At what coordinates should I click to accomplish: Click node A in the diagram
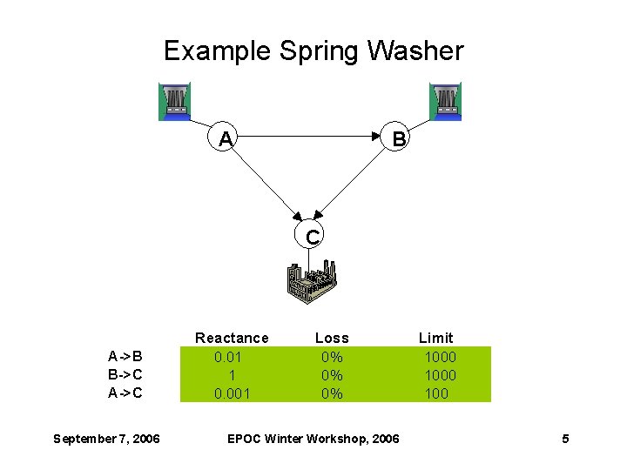(x=226, y=138)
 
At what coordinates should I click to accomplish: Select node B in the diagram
(x=397, y=138)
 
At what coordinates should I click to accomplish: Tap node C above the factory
(x=312, y=236)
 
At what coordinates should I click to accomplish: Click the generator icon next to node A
(x=174, y=101)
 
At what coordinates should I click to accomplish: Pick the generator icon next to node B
(x=445, y=101)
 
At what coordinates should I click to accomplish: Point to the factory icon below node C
(x=312, y=283)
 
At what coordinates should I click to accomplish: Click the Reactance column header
(x=232, y=338)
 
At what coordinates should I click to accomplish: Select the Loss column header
(x=332, y=338)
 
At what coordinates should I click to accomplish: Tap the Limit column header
(x=435, y=338)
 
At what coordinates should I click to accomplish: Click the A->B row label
(x=125, y=356)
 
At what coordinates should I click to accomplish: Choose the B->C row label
(x=125, y=374)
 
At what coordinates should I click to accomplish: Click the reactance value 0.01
(x=228, y=357)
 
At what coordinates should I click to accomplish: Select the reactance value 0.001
(x=232, y=393)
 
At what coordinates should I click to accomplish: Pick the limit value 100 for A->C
(x=436, y=393)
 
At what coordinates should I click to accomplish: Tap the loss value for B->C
(x=332, y=375)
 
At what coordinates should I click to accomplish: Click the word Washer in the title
(x=415, y=50)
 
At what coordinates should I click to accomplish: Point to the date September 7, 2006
(x=106, y=439)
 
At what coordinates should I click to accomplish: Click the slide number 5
(x=565, y=439)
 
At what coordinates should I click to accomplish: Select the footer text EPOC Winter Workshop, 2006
(x=313, y=439)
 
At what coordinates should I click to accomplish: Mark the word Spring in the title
(x=319, y=52)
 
